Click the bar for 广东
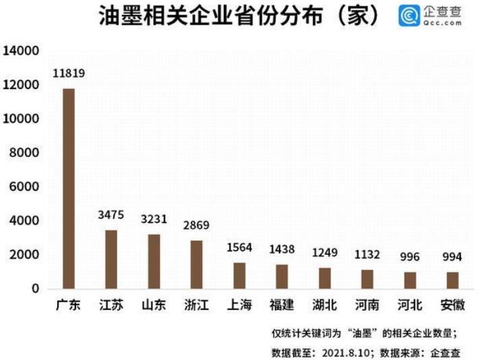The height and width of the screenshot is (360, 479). pyautogui.click(x=68, y=189)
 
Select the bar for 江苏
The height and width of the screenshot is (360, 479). pyautogui.click(x=110, y=260)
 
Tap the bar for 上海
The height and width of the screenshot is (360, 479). pyautogui.click(x=239, y=276)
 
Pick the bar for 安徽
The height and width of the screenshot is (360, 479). pyautogui.click(x=453, y=280)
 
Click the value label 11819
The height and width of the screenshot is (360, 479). pyautogui.click(x=69, y=73)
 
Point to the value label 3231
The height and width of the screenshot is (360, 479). pyautogui.click(x=153, y=220)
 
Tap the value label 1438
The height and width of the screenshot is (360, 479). pyautogui.click(x=282, y=249)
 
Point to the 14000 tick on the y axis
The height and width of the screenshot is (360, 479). pyautogui.click(x=23, y=51)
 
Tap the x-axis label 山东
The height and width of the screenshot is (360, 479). pyautogui.click(x=153, y=305)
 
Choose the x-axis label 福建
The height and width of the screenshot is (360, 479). pyautogui.click(x=282, y=305)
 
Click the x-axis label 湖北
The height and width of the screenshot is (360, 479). pyautogui.click(x=325, y=305)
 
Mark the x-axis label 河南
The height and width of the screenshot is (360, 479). pyautogui.click(x=368, y=305)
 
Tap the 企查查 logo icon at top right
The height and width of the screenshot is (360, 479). pyautogui.click(x=408, y=16)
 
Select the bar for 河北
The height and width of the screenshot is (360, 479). pyautogui.click(x=410, y=280)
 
